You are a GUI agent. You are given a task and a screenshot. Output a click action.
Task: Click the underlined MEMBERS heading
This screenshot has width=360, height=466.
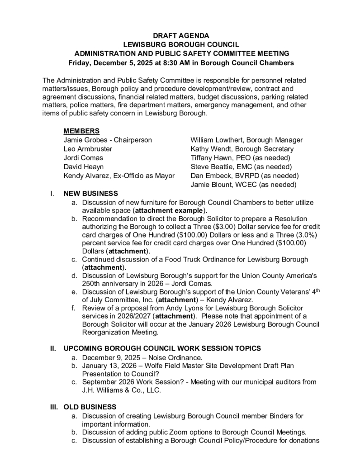point(81,131)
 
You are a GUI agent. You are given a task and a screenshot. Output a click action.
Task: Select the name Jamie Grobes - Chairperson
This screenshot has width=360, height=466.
point(108,140)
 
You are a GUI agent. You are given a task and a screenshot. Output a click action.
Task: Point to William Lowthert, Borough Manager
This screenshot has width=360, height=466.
point(246,140)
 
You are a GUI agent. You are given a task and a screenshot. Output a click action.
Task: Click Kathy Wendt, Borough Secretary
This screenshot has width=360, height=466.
point(242,149)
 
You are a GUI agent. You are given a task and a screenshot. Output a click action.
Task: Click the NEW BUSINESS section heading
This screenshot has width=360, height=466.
point(90,194)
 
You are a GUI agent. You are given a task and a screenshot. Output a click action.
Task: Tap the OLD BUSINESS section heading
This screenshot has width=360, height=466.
point(90,407)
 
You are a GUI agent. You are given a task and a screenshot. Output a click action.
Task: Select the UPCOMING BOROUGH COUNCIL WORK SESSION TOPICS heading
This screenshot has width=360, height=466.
point(162,348)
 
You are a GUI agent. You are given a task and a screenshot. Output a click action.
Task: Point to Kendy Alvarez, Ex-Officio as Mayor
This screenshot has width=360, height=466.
point(119,176)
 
